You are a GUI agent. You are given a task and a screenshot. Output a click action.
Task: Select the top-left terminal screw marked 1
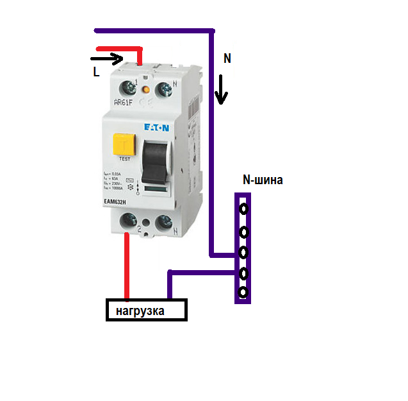tap(133, 87)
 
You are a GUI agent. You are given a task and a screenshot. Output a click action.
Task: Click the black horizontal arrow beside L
tap(106, 60)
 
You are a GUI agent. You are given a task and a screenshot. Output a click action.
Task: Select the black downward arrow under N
tap(221, 89)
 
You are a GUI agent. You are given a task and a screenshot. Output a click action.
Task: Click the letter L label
tap(96, 73)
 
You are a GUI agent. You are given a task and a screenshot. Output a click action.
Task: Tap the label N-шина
tap(263, 181)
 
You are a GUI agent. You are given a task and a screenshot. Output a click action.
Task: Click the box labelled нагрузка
tap(146, 311)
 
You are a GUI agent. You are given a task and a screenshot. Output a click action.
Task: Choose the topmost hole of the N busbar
tap(243, 209)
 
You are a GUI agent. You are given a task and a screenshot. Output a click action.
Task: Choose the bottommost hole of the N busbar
tap(243, 293)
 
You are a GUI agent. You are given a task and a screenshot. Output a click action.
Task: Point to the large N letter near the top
tap(227, 58)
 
